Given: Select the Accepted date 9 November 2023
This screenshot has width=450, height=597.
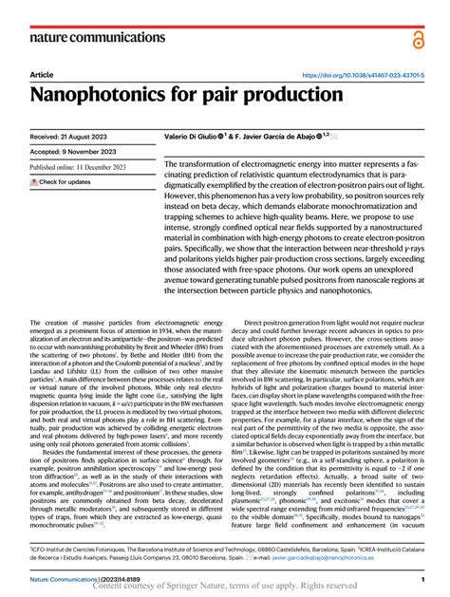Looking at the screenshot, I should click(77, 153).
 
